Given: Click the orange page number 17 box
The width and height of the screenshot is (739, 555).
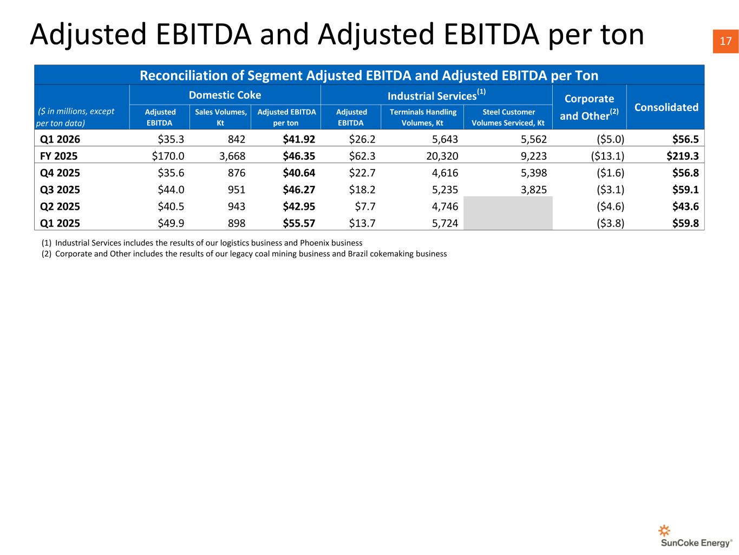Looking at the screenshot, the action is click(725, 41).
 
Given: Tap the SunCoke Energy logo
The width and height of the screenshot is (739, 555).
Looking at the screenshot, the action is click(696, 535).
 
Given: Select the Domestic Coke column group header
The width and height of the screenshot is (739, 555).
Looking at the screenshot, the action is click(225, 95).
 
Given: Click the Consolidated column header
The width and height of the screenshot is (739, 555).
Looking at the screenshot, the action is click(666, 107).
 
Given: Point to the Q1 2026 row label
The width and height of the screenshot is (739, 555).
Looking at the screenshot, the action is click(60, 139).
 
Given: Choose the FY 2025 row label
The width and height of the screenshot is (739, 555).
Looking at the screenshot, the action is click(58, 156).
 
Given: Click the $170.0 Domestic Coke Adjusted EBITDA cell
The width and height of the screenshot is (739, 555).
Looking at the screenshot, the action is click(168, 156).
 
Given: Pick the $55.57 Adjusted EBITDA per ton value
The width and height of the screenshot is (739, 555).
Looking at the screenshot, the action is click(299, 223).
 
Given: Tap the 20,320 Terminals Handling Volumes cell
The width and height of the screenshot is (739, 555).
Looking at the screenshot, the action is click(442, 156).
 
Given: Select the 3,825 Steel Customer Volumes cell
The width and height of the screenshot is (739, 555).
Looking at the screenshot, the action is click(534, 190).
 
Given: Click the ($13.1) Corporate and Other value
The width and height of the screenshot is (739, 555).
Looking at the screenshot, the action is click(607, 156).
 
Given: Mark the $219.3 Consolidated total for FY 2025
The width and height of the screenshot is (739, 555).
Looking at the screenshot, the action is click(683, 156).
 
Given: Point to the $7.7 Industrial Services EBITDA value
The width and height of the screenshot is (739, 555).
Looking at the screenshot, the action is click(365, 206).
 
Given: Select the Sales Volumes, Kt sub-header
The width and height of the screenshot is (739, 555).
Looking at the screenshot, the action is click(220, 117).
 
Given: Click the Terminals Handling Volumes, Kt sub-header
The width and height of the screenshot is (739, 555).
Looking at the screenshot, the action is click(423, 117).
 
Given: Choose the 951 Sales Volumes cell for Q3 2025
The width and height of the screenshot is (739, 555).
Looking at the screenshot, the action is click(237, 190).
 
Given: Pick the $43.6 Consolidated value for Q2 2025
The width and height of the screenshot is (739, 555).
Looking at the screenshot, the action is click(685, 206).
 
